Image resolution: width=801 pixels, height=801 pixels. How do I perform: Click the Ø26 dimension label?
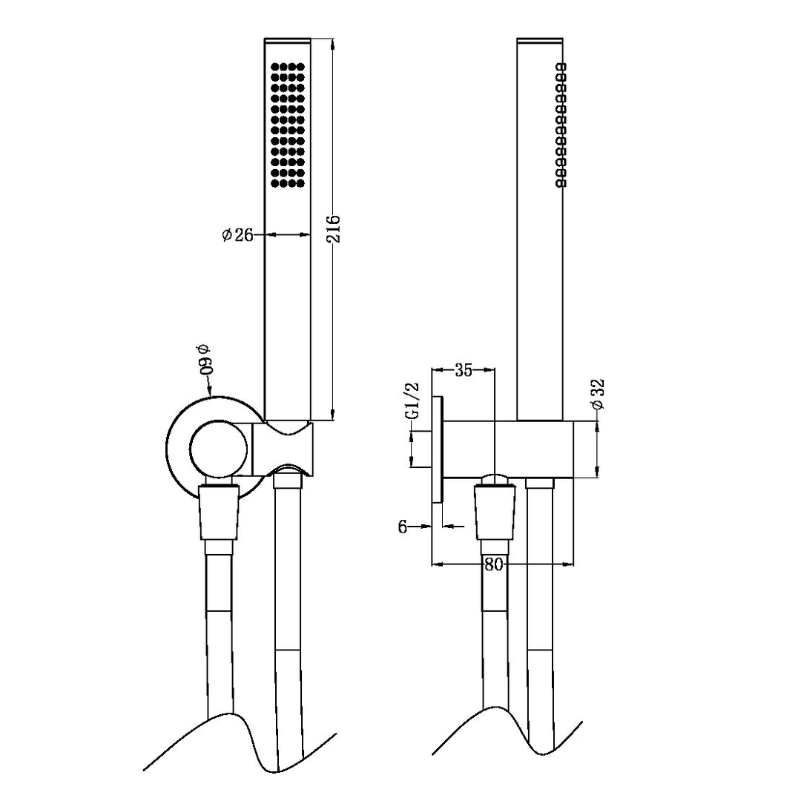(x=237, y=235)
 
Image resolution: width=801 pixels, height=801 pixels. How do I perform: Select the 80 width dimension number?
(x=494, y=565)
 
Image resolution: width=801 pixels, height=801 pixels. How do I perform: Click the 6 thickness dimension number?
(x=403, y=527)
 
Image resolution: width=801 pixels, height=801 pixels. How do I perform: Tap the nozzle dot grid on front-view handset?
(x=289, y=125)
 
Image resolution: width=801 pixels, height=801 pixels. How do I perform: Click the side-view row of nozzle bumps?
(x=561, y=124)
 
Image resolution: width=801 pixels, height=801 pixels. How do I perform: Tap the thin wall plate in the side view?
(x=438, y=449)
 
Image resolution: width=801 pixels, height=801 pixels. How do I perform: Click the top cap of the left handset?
(x=289, y=39)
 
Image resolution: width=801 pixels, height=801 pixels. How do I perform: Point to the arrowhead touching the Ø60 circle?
(x=211, y=391)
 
